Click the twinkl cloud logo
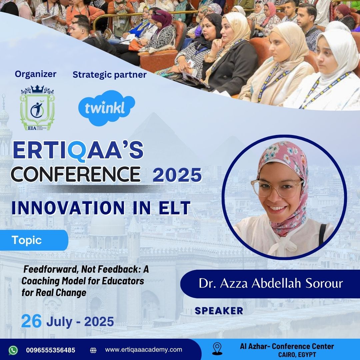pos(107,108)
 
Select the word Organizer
pos(36,74)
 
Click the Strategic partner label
pos(110,75)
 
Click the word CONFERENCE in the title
pos(76,174)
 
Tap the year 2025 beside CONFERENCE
pos(177,175)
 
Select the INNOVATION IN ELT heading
pos(101,208)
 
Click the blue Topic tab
pos(34,240)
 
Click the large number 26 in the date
pos(31,321)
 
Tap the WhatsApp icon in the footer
pos(13,350)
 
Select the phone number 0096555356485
pos(51,350)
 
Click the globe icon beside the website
pos(93,350)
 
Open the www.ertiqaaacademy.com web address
pos(143,350)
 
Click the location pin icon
pos(217,349)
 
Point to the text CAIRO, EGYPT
pos(297,355)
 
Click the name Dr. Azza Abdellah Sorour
pos(271,283)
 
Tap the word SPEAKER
pos(219,311)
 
